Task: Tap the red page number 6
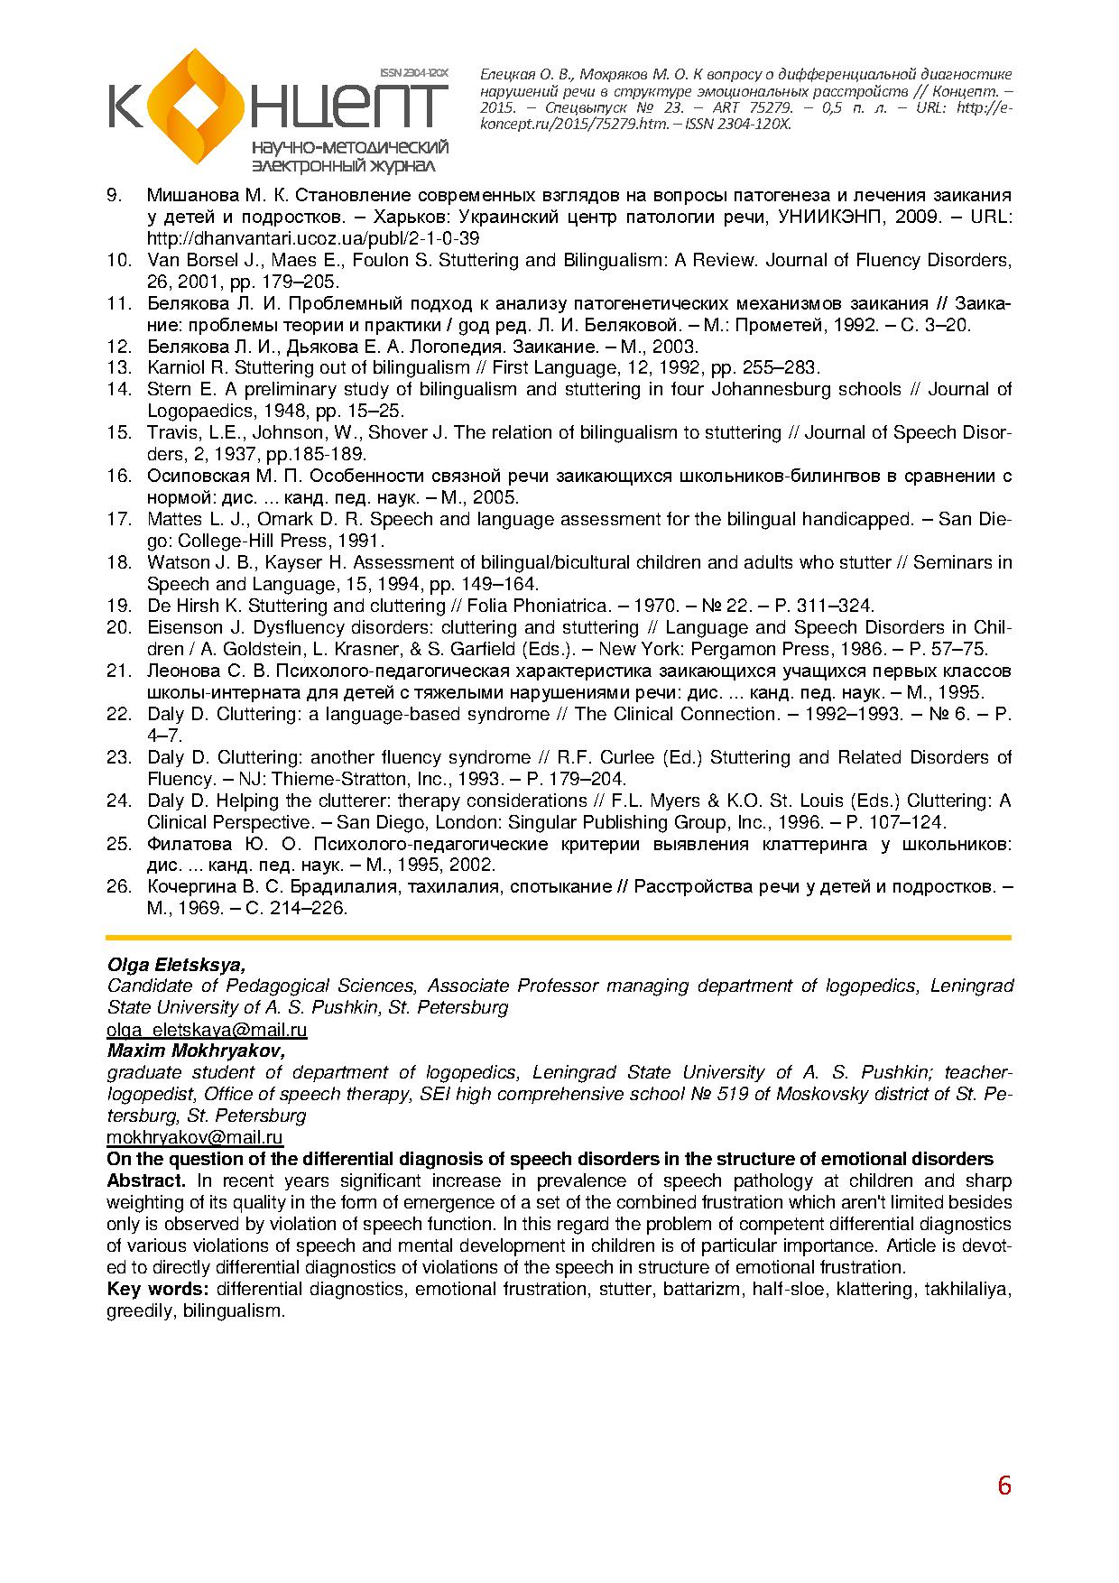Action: (x=1004, y=1486)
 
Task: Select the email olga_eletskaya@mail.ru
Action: (x=207, y=1030)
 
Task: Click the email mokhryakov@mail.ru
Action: (x=195, y=1138)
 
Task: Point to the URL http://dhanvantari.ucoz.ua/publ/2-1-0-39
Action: (x=313, y=239)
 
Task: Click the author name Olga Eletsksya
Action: (x=176, y=965)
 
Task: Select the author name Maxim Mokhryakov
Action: (x=196, y=1051)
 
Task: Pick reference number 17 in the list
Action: (x=119, y=520)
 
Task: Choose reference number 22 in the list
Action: (x=119, y=715)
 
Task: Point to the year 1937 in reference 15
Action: (x=222, y=455)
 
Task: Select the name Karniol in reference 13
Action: (x=177, y=368)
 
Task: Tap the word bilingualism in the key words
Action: (x=233, y=1311)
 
